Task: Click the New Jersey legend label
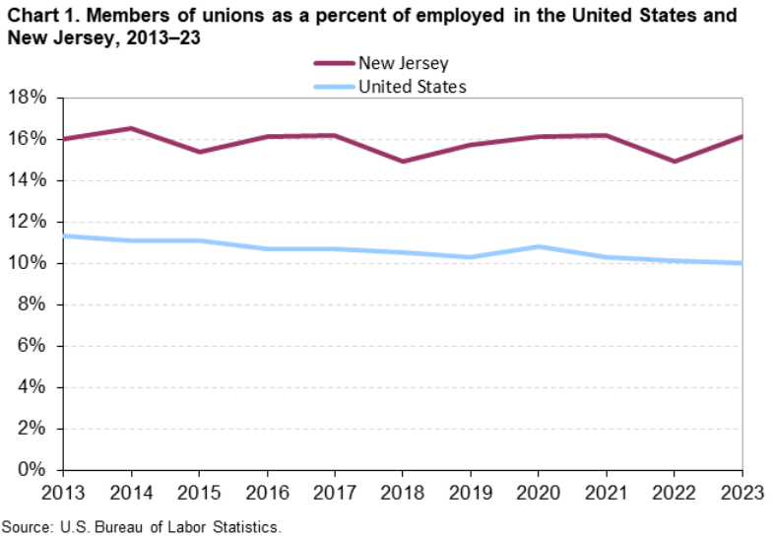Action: click(x=404, y=64)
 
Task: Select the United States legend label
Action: click(x=412, y=87)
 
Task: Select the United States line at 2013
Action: click(x=63, y=236)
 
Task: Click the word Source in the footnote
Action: click(x=25, y=527)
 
